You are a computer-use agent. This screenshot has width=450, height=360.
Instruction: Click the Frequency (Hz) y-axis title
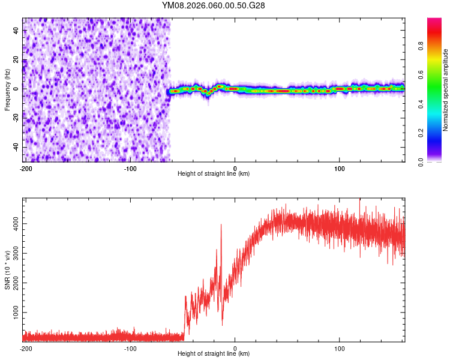click(7, 90)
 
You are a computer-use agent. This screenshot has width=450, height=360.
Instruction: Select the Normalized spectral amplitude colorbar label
click(446, 90)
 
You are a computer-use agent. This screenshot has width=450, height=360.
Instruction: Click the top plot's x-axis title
click(214, 173)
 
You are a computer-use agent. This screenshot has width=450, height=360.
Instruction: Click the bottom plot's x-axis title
click(214, 353)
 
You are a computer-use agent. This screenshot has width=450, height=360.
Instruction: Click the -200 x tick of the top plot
click(25, 167)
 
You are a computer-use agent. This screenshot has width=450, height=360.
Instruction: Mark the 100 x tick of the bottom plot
click(340, 348)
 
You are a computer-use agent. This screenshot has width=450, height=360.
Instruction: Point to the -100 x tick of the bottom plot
click(130, 348)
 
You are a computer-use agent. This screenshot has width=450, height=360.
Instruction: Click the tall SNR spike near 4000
click(221, 225)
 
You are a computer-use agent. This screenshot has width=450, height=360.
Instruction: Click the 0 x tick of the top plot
click(235, 167)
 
